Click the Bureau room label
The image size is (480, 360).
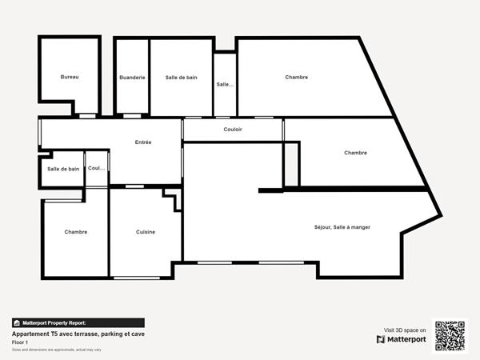click(70, 77)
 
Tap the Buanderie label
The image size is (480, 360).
click(132, 78)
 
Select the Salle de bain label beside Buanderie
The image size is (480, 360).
click(181, 78)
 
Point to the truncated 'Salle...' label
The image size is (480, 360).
click(225, 83)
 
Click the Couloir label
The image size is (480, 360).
click(233, 129)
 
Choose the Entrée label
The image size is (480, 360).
click(143, 142)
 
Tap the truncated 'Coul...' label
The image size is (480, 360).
click(96, 169)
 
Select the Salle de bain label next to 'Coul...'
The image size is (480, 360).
click(63, 169)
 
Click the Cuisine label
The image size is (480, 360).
click(146, 232)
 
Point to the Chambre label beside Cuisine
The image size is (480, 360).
click(76, 232)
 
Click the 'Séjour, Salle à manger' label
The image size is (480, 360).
click(342, 227)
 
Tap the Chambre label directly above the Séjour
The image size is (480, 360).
click(355, 153)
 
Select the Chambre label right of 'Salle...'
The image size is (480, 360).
click(296, 78)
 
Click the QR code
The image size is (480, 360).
click(450, 335)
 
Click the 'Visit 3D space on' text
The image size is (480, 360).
click(405, 329)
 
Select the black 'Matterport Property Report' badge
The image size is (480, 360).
click(54, 322)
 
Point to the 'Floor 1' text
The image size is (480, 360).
click(20, 342)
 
